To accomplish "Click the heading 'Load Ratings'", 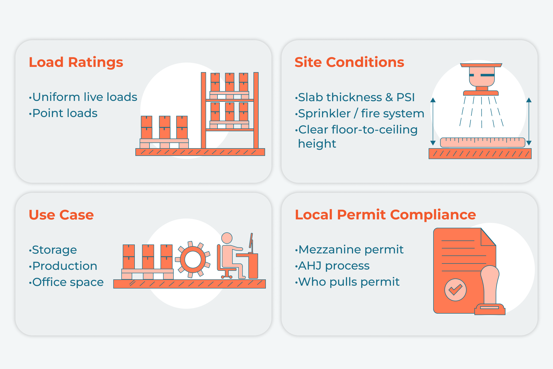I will pyautogui.click(x=76, y=62).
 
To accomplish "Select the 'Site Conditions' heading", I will pyautogui.click(x=349, y=62).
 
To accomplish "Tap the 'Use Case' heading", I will pyautogui.click(x=61, y=215).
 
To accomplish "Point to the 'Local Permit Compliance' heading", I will pyautogui.click(x=385, y=215).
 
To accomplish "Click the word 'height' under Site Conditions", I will pyautogui.click(x=317, y=144).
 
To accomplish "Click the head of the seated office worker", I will pyautogui.click(x=227, y=238).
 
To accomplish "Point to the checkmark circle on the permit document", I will pyautogui.click(x=455, y=290).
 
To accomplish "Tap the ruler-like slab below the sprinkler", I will pyautogui.click(x=482, y=142).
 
